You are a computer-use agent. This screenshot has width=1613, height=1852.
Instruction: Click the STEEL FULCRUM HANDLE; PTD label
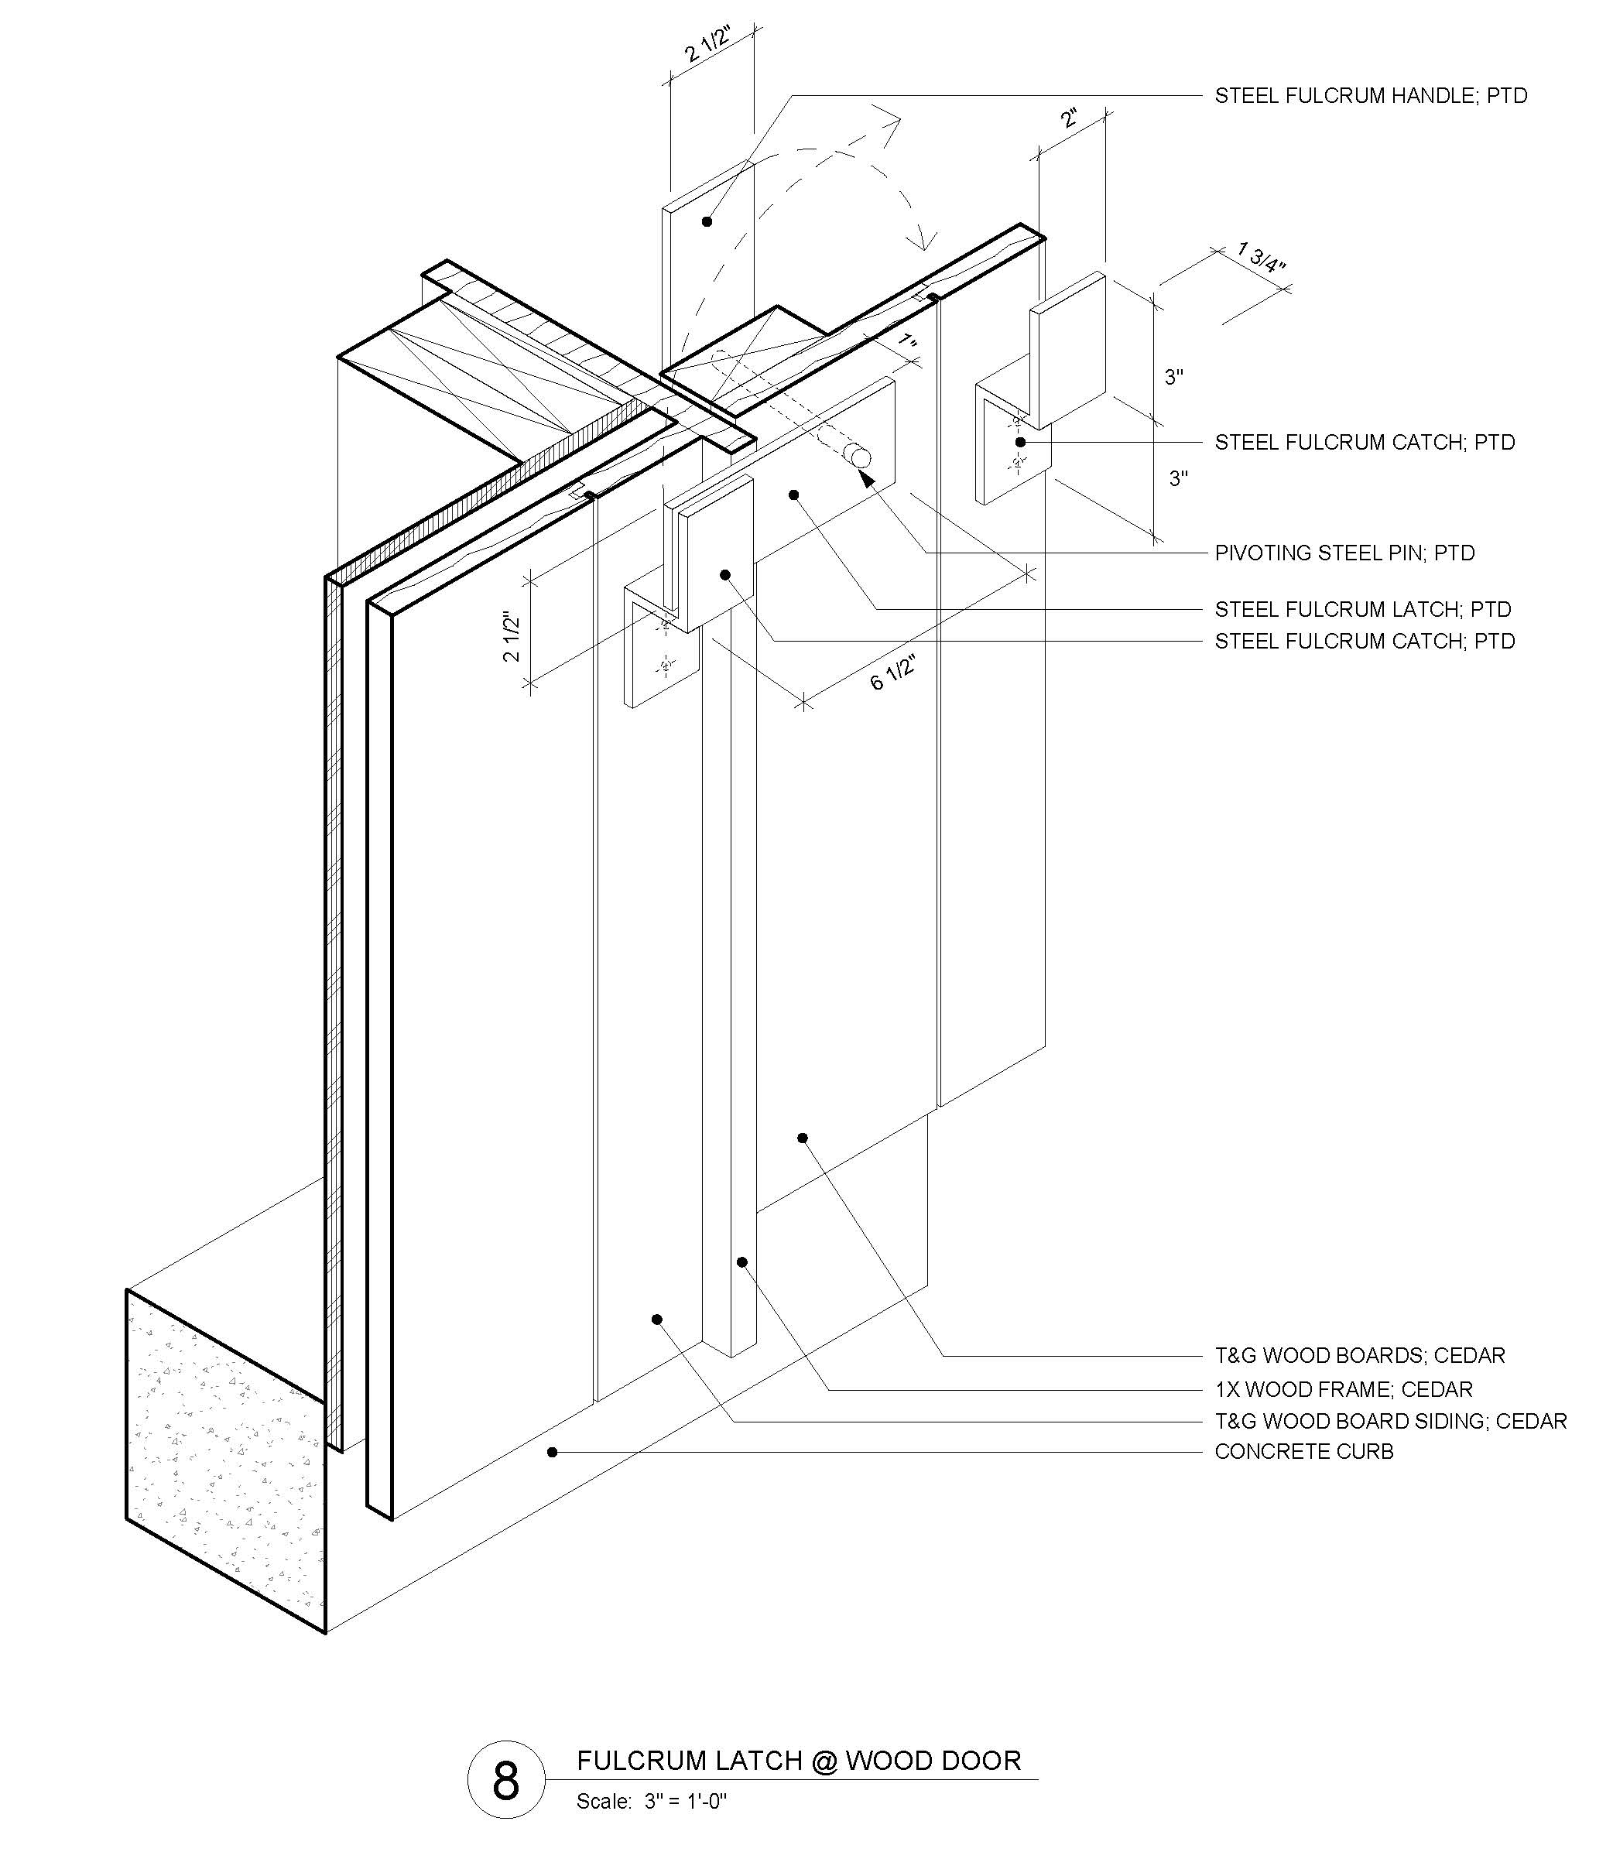(1370, 95)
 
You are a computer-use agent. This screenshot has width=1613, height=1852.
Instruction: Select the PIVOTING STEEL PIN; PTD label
(1344, 553)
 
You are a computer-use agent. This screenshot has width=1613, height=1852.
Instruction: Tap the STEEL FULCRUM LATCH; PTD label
(1363, 609)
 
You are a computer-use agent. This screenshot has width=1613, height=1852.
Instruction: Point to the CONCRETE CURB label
(1303, 1452)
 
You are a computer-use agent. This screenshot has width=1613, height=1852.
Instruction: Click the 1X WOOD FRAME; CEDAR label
(1343, 1389)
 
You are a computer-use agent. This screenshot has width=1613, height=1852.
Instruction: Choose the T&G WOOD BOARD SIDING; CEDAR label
(1391, 1421)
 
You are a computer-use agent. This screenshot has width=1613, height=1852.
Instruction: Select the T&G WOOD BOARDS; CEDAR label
(1359, 1355)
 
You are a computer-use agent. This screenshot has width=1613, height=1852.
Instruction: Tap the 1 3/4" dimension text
(1261, 256)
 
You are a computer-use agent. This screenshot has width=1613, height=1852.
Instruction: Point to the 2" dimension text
(1070, 118)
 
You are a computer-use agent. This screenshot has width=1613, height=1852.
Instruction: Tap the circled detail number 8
(506, 1780)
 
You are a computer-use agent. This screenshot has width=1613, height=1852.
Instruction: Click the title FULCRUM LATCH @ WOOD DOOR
(799, 1760)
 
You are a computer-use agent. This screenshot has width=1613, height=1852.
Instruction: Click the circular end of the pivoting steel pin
(861, 457)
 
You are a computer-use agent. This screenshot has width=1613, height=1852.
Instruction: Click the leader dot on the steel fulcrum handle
(707, 221)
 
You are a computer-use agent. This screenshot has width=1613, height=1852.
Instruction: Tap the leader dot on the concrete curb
(553, 1452)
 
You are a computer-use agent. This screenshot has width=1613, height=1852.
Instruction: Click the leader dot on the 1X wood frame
(742, 1261)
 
